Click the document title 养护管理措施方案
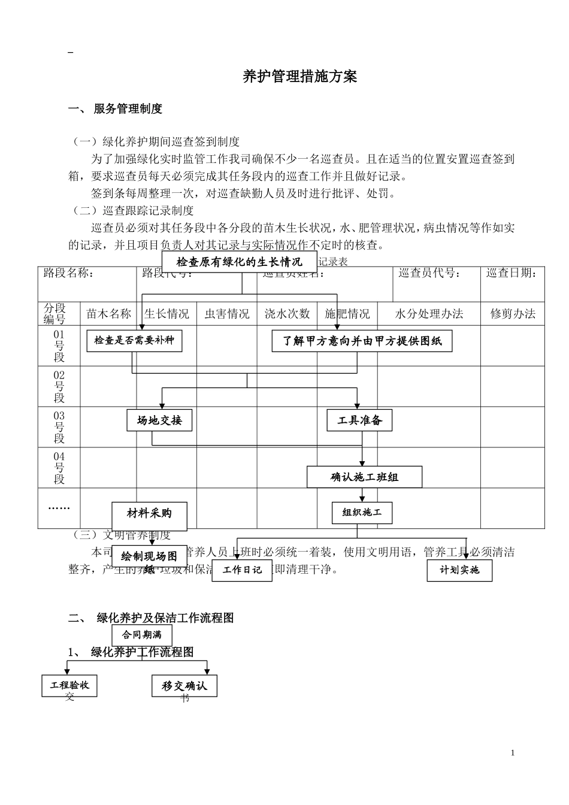[299, 77]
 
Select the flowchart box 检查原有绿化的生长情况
[239, 262]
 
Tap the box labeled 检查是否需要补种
[134, 341]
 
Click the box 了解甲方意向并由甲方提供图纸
[362, 341]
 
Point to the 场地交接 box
[159, 420]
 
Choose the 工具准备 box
[359, 420]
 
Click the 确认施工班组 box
[364, 477]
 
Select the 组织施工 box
[362, 513]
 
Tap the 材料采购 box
[149, 514]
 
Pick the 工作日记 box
[242, 570]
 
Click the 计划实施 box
[459, 570]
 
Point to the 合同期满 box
[142, 635]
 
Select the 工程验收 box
[69, 685]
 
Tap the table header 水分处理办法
[429, 314]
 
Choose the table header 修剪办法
[513, 314]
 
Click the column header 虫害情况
[227, 314]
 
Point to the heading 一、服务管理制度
[116, 109]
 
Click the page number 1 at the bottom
[513, 753]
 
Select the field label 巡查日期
[512, 274]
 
